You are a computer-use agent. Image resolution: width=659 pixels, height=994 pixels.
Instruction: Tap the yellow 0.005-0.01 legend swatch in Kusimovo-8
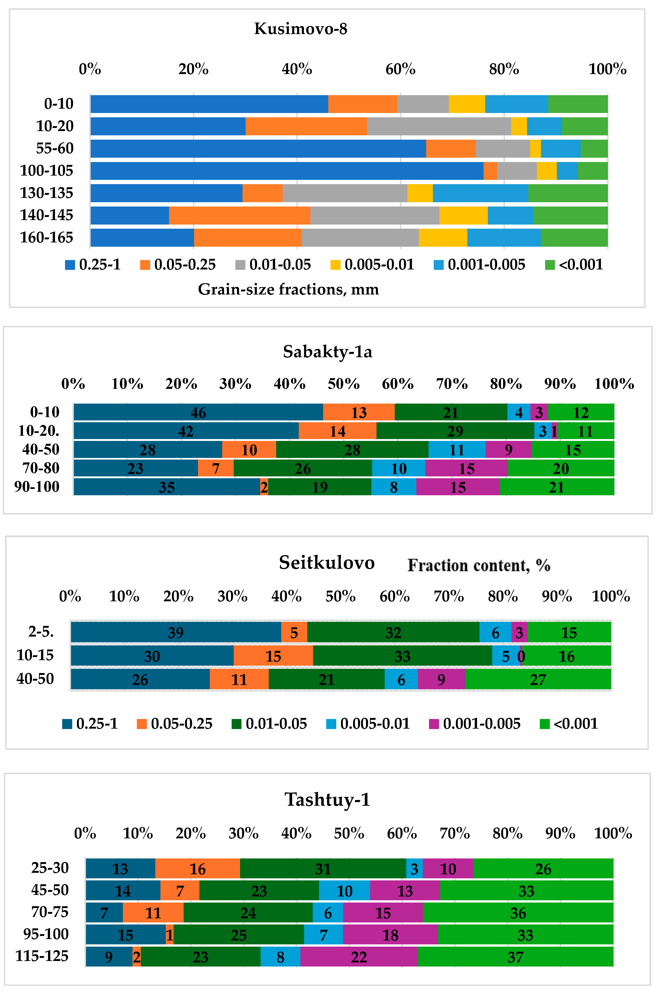[335, 265]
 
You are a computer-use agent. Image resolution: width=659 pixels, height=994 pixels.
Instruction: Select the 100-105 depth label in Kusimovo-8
[47, 171]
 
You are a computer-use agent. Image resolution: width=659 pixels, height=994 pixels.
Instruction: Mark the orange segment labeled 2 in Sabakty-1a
[264, 487]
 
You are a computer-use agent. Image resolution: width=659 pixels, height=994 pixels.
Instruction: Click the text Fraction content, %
[479, 565]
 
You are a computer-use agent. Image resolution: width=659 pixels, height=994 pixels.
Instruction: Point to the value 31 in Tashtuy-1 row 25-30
[323, 869]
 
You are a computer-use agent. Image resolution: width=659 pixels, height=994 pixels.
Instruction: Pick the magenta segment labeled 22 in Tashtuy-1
[359, 957]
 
